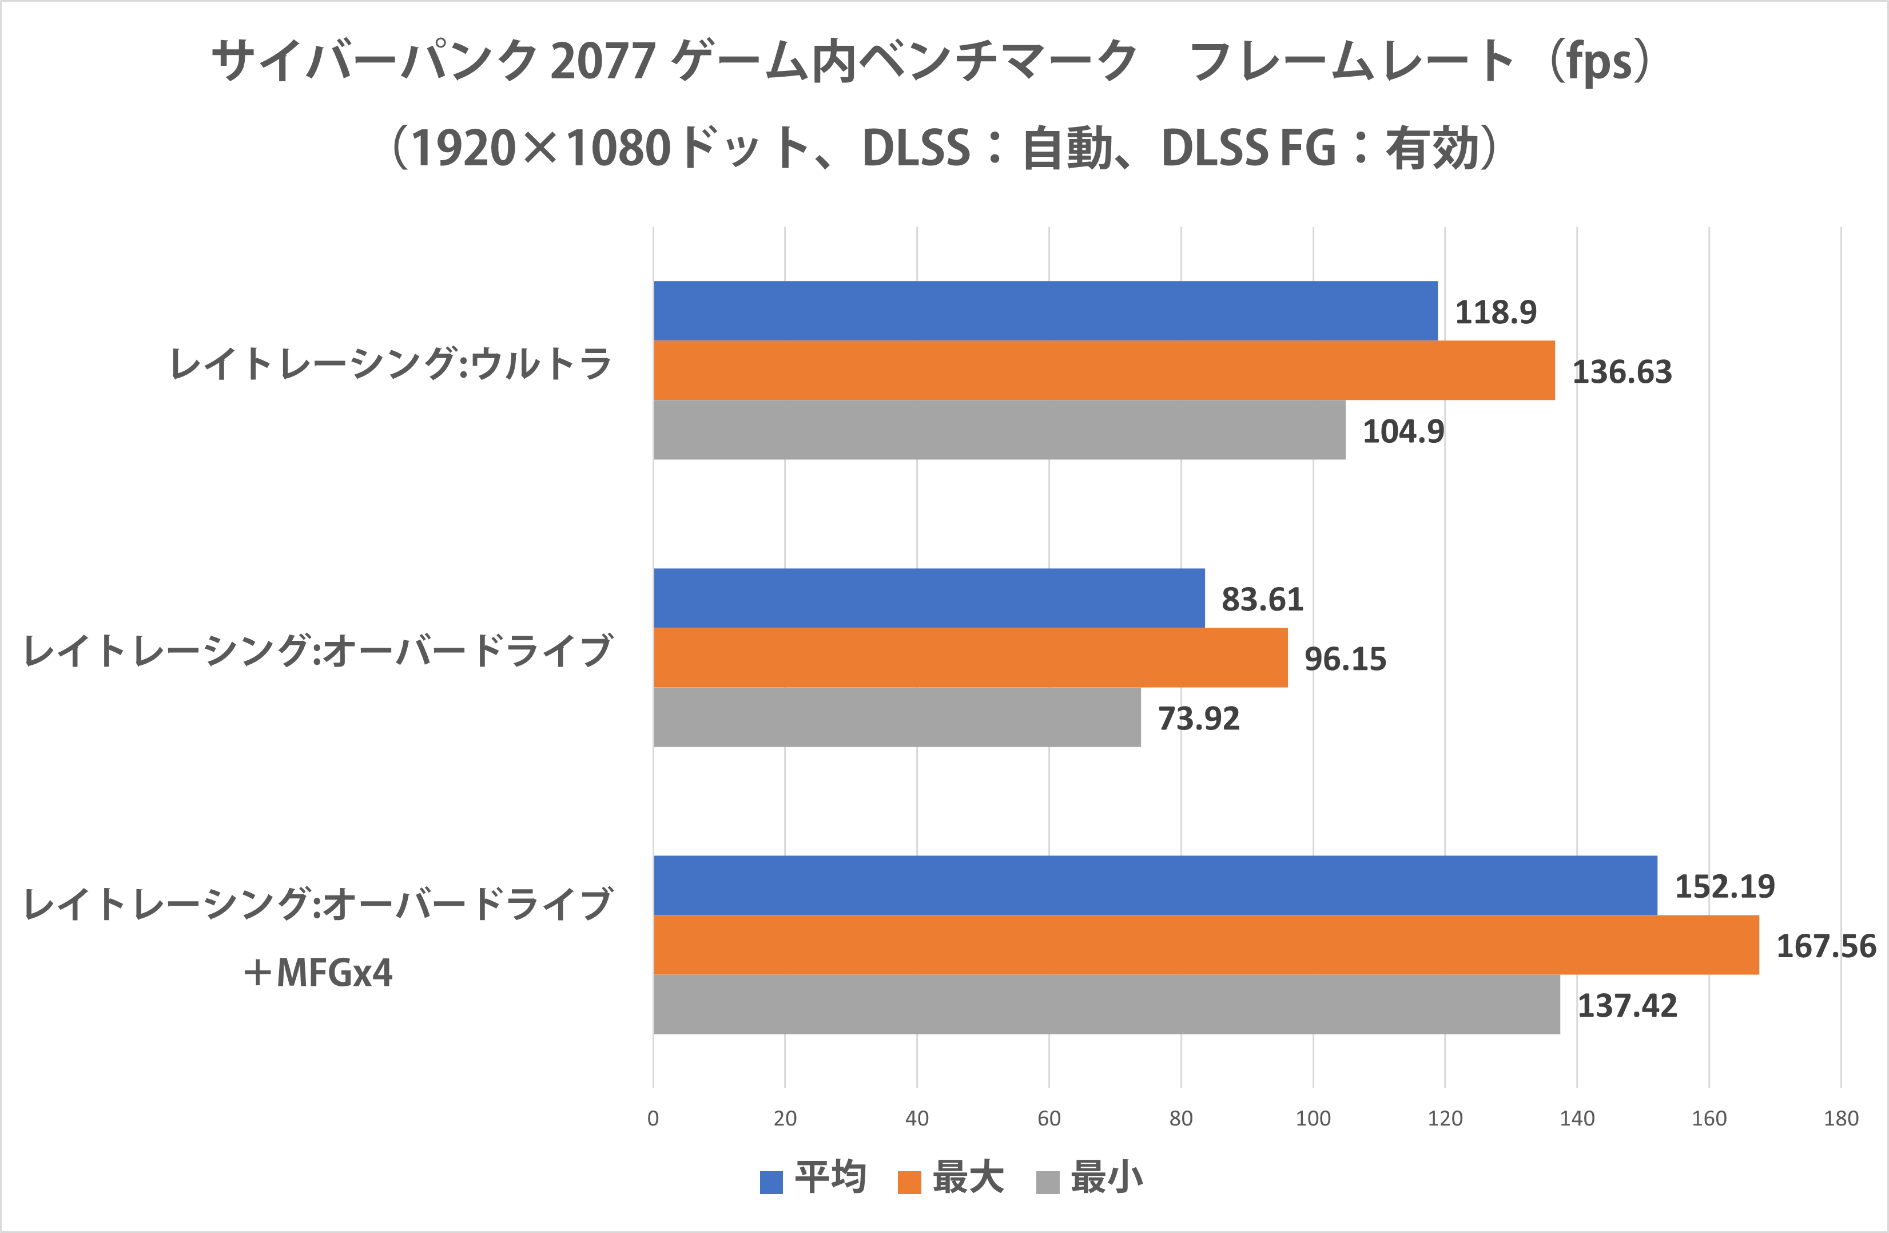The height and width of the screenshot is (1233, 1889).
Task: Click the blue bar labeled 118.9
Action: [x=1045, y=311]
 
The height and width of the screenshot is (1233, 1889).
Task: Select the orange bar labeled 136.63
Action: [x=1103, y=370]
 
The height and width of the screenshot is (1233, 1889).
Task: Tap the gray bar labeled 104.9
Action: [x=999, y=430]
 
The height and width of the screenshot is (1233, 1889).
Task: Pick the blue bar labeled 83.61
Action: [x=929, y=598]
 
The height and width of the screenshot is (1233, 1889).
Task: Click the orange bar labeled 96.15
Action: [x=970, y=657]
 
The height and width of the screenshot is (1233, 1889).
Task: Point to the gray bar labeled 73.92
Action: [x=897, y=717]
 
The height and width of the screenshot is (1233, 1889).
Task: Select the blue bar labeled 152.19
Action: [x=1155, y=885]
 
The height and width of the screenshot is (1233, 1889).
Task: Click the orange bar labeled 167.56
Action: [x=1206, y=945]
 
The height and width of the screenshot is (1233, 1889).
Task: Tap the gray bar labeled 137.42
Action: [x=1107, y=1004]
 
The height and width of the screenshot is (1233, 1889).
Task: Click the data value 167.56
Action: [x=1826, y=946]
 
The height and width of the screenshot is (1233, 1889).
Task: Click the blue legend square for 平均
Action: [x=771, y=1182]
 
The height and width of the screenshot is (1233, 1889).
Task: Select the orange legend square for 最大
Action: [x=909, y=1182]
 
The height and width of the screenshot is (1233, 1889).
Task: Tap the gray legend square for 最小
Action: [x=1048, y=1182]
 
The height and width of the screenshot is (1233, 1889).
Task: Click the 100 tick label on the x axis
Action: [x=1313, y=1119]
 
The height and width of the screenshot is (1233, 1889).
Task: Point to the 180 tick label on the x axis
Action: [x=1840, y=1119]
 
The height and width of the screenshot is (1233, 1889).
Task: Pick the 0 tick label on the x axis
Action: [x=653, y=1119]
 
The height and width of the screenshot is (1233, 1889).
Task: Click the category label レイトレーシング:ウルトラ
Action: [x=391, y=364]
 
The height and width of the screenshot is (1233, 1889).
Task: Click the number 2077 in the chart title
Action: [x=602, y=61]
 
